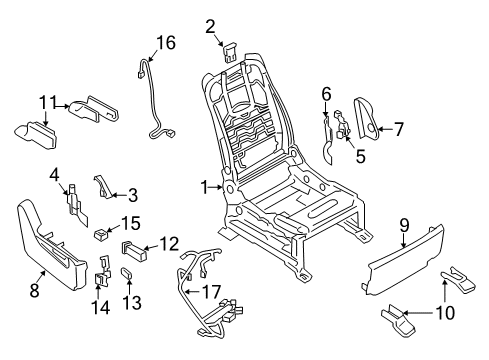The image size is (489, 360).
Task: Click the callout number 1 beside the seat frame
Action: coord(204,186)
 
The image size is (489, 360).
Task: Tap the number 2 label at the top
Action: coord(211,26)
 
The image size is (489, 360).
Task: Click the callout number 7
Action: coord(399,129)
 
